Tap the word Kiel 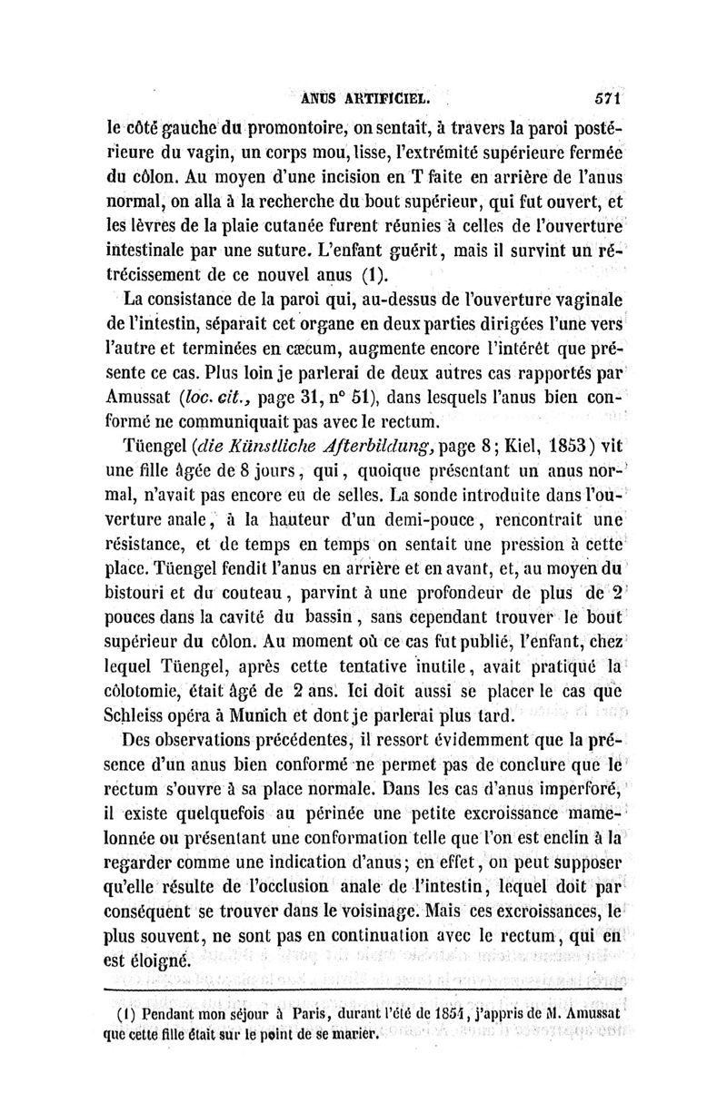(523, 447)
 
